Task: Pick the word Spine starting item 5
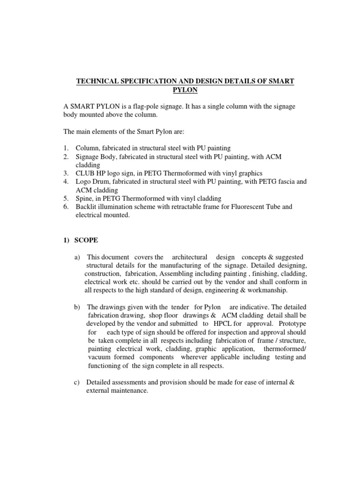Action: point(85,198)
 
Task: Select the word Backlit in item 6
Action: point(87,207)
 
